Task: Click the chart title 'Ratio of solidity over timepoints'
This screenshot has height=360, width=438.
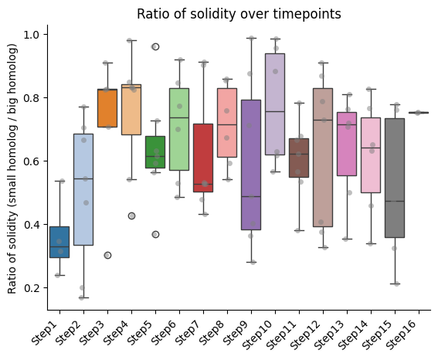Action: click(239, 14)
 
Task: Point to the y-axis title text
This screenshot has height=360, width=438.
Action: click(12, 168)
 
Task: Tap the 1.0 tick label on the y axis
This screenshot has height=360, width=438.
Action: click(32, 35)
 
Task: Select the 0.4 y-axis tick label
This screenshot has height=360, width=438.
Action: click(32, 225)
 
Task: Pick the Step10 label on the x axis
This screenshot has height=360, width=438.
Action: click(257, 335)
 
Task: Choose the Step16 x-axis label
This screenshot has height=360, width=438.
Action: click(401, 335)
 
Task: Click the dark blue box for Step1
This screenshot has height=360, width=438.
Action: click(59, 242)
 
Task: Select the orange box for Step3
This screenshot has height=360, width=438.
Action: click(107, 108)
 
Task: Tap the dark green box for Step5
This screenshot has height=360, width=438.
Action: click(155, 152)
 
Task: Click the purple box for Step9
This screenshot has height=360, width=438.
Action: click(251, 165)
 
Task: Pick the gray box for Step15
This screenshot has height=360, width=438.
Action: click(395, 178)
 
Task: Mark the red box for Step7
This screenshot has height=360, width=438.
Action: click(203, 158)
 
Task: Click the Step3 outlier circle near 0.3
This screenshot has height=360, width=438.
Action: click(107, 255)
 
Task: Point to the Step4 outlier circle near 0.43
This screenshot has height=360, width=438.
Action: click(131, 216)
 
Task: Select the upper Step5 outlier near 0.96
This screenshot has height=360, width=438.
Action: click(155, 47)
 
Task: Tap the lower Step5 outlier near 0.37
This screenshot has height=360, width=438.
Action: click(155, 235)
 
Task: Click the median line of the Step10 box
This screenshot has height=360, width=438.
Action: click(275, 111)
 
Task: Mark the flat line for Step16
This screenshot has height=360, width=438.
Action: click(419, 113)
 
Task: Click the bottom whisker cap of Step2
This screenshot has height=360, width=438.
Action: click(83, 297)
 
